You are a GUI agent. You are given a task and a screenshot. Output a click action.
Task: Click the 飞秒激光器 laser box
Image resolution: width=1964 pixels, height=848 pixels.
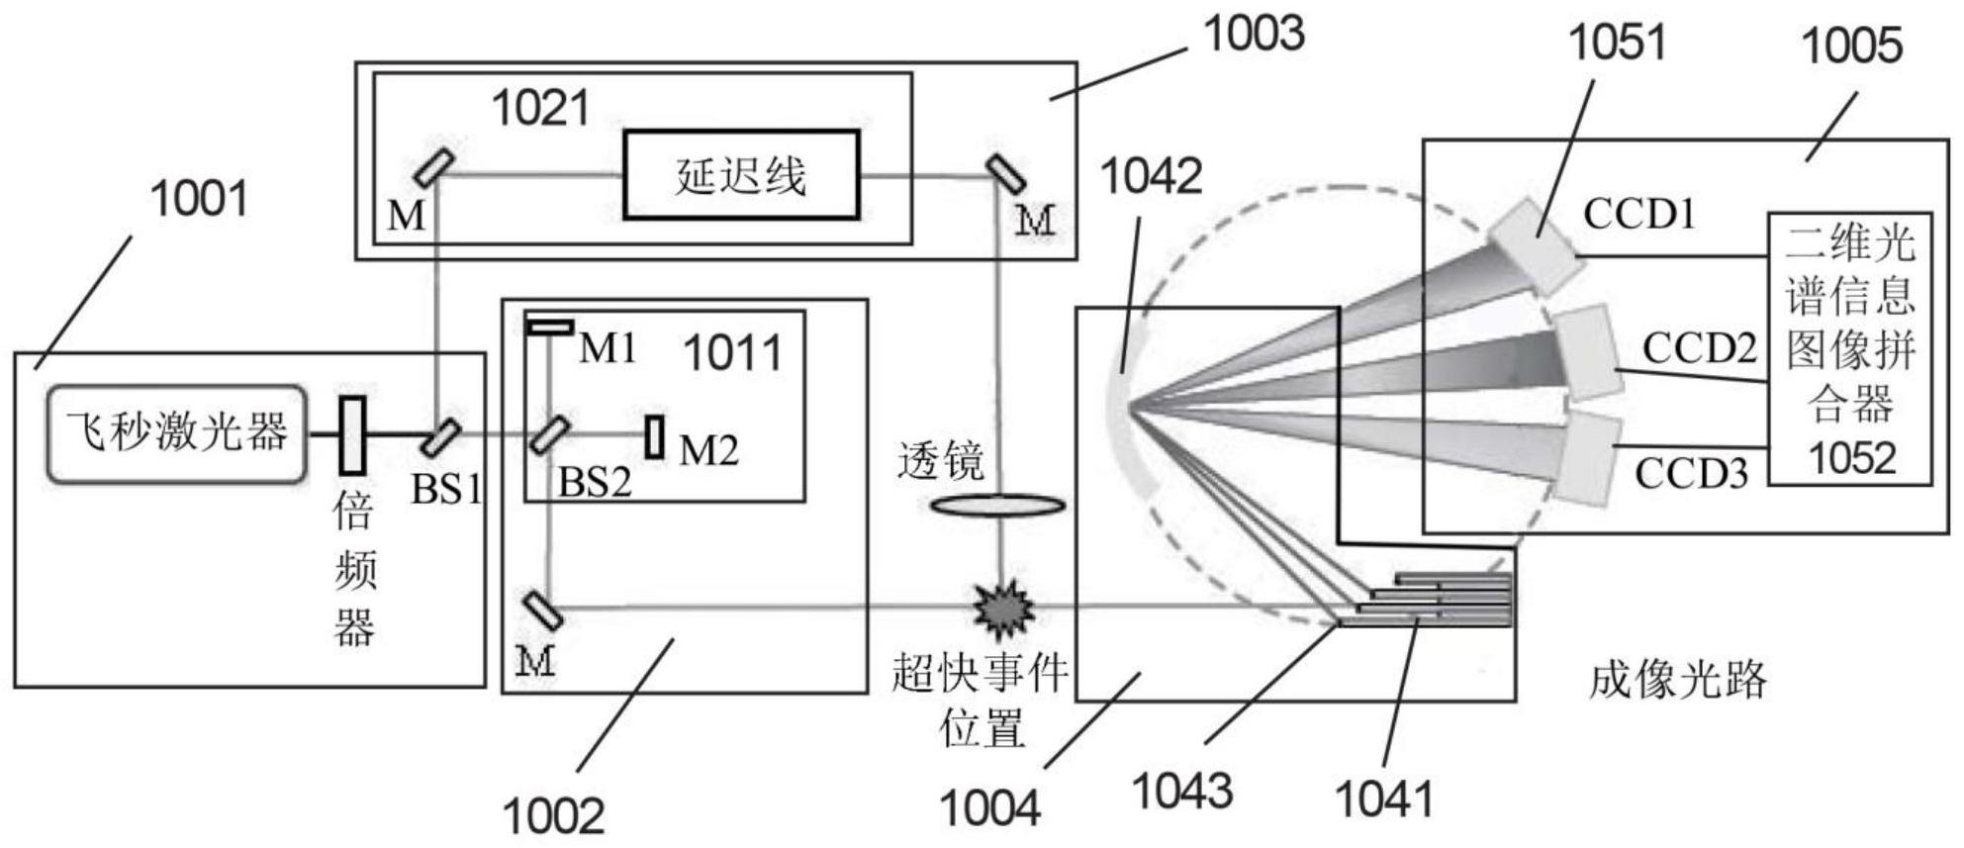tap(176, 434)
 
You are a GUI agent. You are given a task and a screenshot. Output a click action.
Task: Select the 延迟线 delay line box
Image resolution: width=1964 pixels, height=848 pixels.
tap(740, 175)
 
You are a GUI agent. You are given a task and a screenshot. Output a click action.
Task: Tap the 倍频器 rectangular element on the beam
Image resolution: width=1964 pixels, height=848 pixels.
tap(353, 434)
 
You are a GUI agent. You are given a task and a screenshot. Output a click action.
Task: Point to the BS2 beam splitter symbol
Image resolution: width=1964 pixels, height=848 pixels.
tap(548, 435)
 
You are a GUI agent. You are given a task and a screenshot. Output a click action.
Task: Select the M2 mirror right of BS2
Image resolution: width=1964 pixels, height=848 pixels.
tap(654, 436)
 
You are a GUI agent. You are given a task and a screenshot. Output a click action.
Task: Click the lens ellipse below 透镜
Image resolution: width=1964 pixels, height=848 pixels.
tap(998, 507)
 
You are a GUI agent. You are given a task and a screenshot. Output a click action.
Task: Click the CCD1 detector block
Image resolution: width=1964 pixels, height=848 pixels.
tap(1535, 245)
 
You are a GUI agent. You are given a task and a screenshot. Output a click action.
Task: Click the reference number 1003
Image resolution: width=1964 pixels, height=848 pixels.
tap(1253, 34)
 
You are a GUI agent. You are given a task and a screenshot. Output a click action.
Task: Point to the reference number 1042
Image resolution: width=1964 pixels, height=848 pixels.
tap(1151, 176)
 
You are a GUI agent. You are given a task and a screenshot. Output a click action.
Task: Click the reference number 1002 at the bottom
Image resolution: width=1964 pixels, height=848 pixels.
tap(553, 816)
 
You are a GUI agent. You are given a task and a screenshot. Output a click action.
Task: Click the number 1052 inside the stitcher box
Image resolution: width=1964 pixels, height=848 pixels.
tap(1851, 458)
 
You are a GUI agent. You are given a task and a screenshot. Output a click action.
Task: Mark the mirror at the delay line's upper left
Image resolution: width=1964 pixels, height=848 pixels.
tap(434, 167)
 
